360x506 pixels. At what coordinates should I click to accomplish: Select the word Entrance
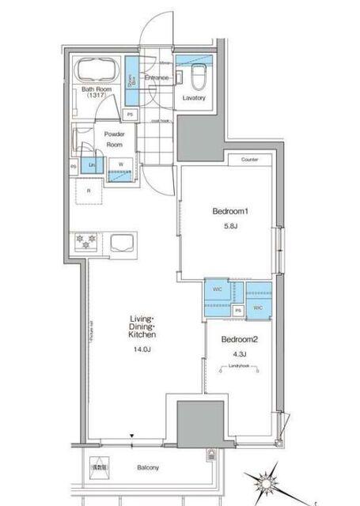pyautogui.click(x=156, y=77)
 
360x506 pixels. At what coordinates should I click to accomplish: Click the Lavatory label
pyautogui.click(x=194, y=98)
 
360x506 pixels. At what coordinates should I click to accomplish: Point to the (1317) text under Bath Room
pyautogui.click(x=99, y=96)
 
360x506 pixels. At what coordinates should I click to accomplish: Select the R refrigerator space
pyautogui.click(x=89, y=191)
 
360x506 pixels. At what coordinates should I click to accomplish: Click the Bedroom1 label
pyautogui.click(x=231, y=212)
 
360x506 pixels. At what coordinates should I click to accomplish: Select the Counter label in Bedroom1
pyautogui.click(x=250, y=160)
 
